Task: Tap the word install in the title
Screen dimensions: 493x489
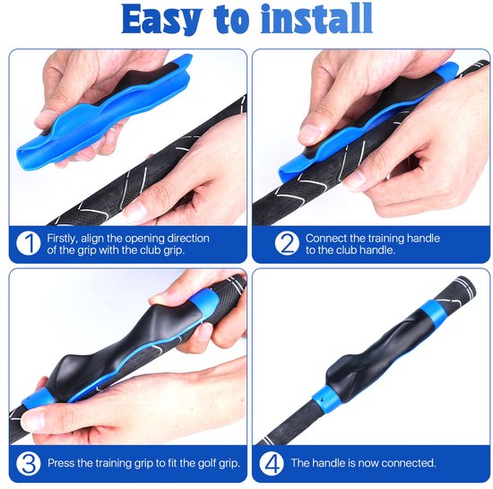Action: (316, 18)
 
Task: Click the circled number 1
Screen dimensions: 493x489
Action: (29, 243)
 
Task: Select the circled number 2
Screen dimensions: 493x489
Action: (287, 243)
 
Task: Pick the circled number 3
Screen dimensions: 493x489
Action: (29, 463)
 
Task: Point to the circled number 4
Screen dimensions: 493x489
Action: (272, 463)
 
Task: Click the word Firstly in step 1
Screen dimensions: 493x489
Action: (62, 239)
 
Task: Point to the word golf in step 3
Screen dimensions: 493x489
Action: (206, 464)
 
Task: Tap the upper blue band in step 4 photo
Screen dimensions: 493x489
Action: (433, 309)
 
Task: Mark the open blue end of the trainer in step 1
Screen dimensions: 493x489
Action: (25, 156)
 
